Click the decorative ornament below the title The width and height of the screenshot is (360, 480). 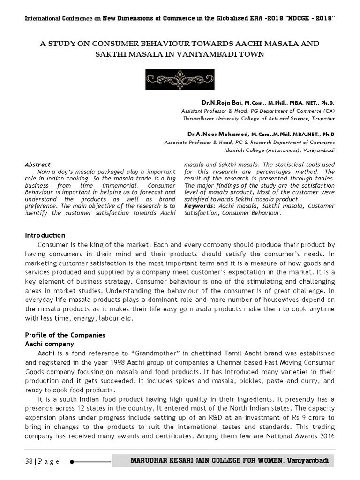coord(180,80)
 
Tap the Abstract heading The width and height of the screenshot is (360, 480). coord(37,165)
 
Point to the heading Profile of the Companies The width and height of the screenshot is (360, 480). coord(65,335)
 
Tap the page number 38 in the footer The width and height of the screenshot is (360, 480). coord(29,462)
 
